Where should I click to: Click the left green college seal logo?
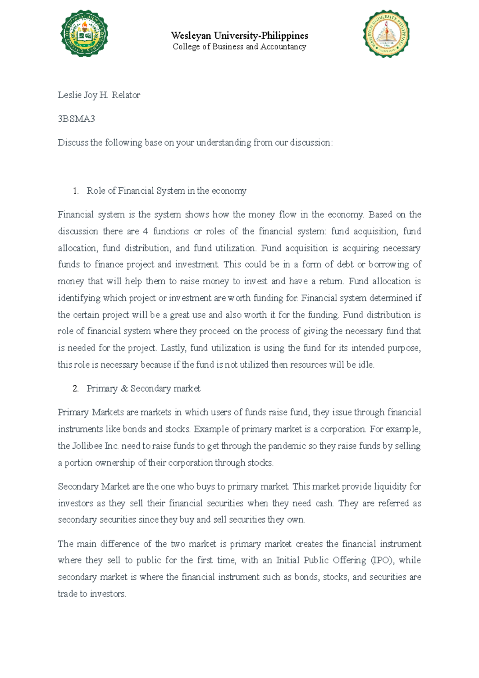click(84, 34)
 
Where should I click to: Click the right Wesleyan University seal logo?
click(386, 34)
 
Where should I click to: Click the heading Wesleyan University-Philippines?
click(239, 36)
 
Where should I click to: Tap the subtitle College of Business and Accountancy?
click(239, 47)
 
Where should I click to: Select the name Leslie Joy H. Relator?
click(99, 95)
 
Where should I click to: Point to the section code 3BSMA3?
click(76, 119)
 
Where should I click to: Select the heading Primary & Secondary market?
click(143, 389)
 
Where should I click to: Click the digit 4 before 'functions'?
click(145, 232)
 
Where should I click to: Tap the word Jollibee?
click(87, 446)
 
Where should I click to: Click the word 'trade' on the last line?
click(67, 594)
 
